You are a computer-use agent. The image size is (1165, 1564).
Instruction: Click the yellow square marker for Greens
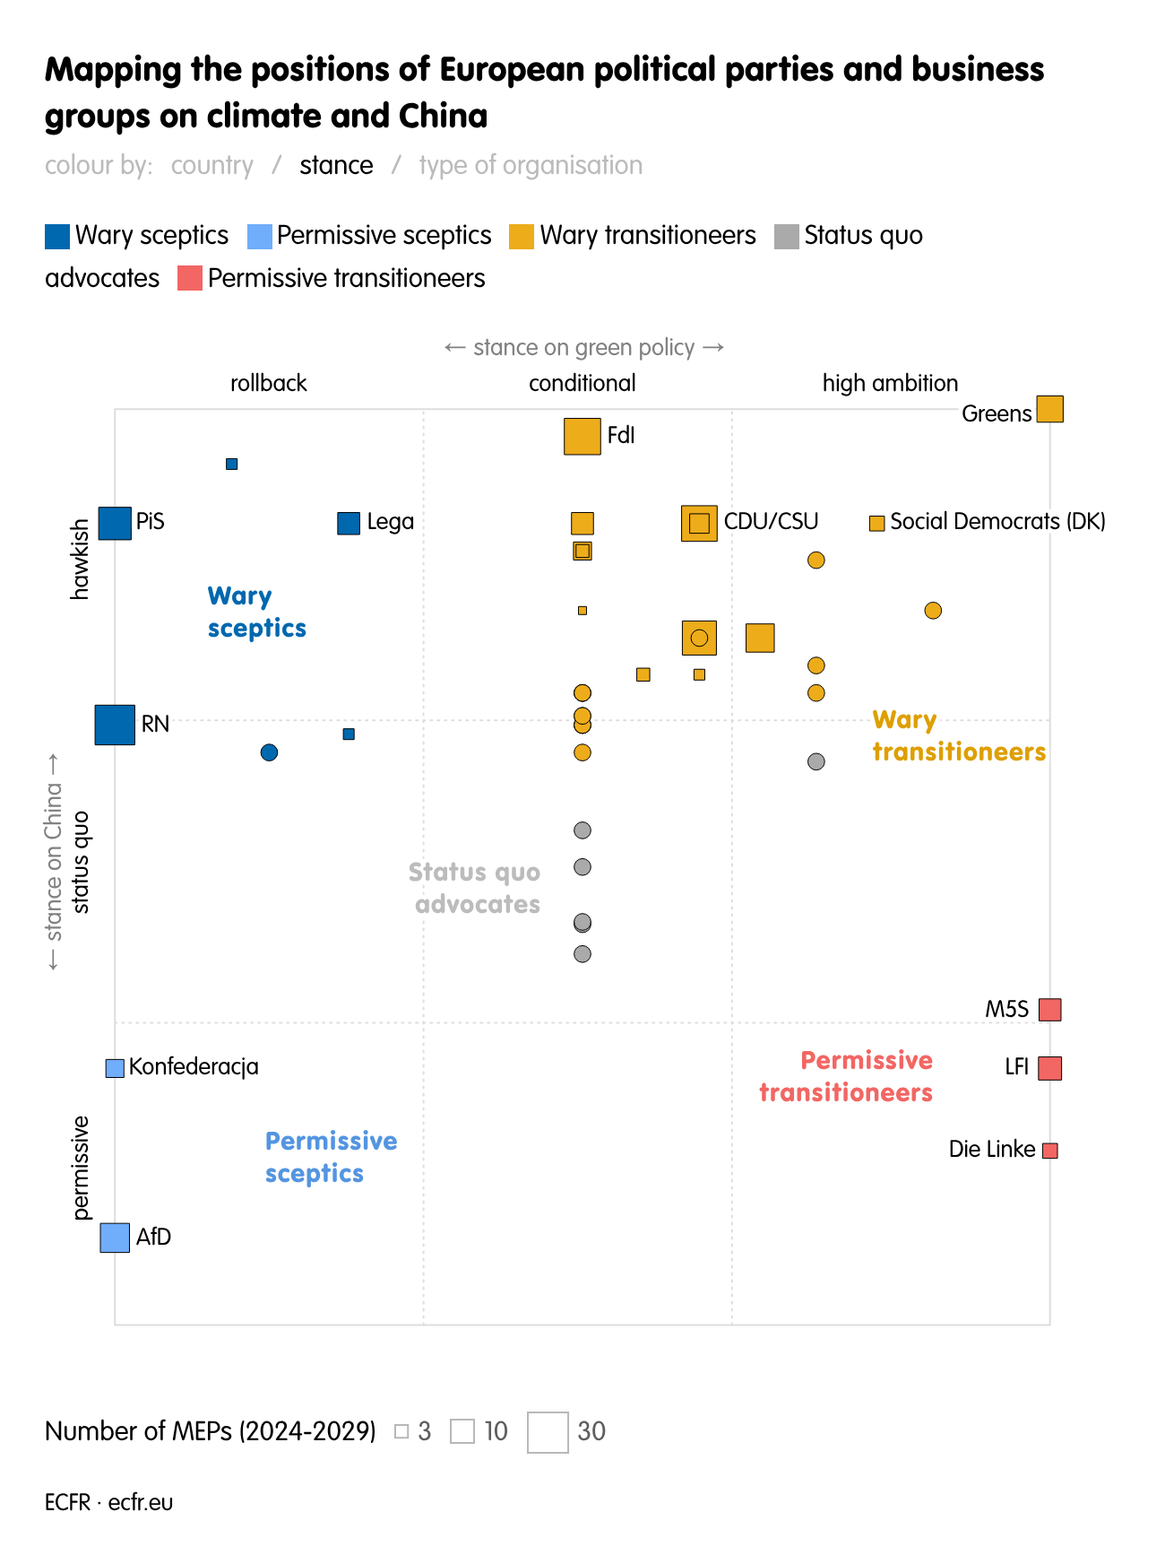click(x=1049, y=409)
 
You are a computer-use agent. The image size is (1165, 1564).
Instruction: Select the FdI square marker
click(x=582, y=436)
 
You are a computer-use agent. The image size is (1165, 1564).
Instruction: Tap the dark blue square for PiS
click(x=115, y=523)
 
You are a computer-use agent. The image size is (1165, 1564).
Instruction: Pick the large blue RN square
click(x=115, y=725)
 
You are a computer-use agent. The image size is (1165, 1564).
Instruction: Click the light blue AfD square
click(x=115, y=1238)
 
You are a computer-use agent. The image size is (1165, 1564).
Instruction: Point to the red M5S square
click(x=1049, y=1010)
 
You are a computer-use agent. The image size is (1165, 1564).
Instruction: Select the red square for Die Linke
click(x=1049, y=1151)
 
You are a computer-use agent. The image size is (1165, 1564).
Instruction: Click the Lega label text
click(x=390, y=522)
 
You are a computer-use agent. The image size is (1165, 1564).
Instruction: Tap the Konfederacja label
click(x=194, y=1067)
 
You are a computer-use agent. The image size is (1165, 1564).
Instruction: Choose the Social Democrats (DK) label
click(x=997, y=522)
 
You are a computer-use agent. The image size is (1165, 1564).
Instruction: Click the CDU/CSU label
click(x=771, y=522)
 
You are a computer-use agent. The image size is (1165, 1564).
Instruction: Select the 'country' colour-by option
click(x=211, y=166)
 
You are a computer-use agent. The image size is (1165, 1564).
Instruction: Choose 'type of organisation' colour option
click(x=531, y=166)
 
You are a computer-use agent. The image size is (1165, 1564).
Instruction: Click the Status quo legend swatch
click(x=786, y=237)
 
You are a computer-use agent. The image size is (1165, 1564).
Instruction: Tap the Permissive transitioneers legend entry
click(x=345, y=279)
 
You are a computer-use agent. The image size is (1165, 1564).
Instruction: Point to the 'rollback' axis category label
click(x=268, y=384)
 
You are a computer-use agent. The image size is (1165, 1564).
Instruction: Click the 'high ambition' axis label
click(x=889, y=384)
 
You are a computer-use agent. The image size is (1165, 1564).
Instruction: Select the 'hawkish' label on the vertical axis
click(x=81, y=559)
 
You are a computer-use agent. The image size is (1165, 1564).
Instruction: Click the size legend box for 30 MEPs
click(x=548, y=1432)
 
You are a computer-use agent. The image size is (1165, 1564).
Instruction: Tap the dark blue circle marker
click(x=269, y=752)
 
